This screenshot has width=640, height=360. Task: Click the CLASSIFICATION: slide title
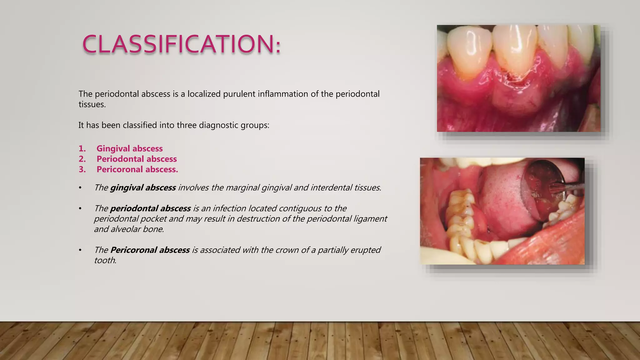click(x=181, y=44)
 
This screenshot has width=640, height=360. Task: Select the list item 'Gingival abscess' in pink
click(x=129, y=148)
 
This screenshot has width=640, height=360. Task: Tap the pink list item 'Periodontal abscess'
click(x=137, y=159)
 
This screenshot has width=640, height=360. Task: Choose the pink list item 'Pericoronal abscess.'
click(x=137, y=169)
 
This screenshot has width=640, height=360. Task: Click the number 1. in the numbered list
click(x=82, y=148)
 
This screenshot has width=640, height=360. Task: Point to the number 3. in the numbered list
click(x=82, y=169)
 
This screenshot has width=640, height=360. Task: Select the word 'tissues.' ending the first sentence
click(x=92, y=104)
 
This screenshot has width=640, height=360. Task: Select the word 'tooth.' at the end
click(x=105, y=260)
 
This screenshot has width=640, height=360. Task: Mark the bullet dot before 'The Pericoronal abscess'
click(x=80, y=250)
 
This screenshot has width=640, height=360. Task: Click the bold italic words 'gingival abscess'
click(x=143, y=187)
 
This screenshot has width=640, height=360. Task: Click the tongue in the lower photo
click(x=500, y=203)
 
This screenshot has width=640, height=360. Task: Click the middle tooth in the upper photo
click(x=514, y=50)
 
